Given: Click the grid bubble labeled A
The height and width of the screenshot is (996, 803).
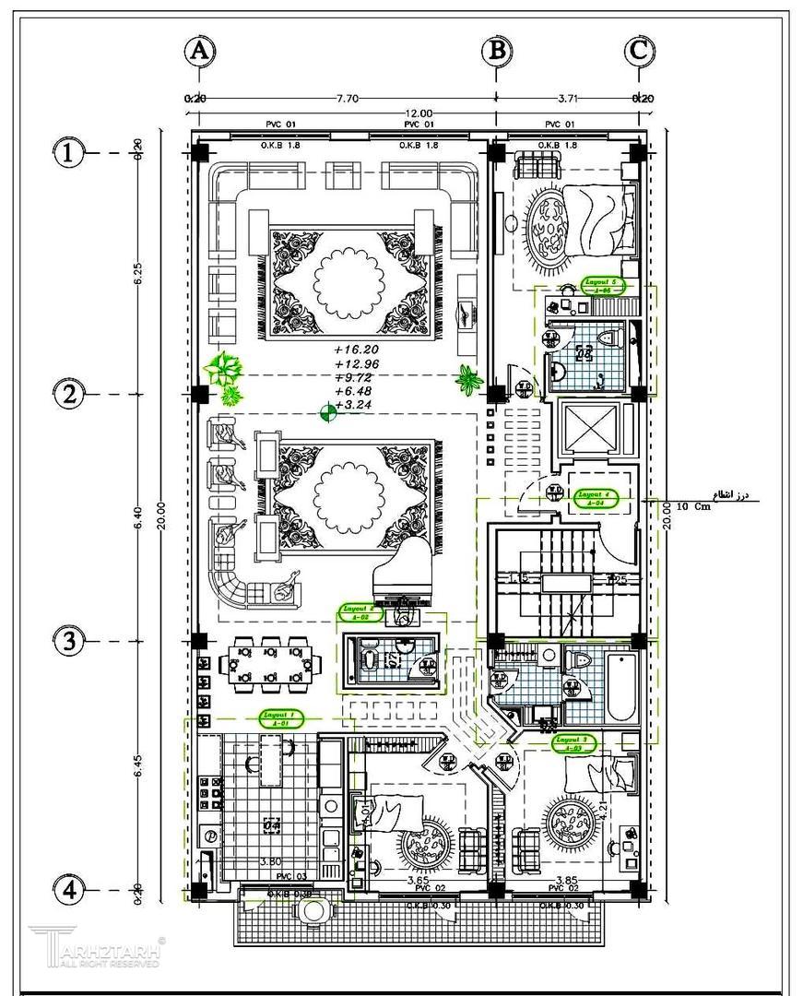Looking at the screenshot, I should coord(199,51).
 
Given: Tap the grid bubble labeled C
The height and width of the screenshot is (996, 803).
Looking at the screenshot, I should coord(638,51).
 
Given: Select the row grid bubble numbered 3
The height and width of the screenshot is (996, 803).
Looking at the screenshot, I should coord(67,641).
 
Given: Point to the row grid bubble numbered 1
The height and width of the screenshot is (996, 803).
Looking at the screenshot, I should coord(67,153).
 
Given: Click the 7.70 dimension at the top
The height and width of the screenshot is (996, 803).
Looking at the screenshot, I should coord(347,97).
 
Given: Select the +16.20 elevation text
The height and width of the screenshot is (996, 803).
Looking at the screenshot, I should coord(357,350).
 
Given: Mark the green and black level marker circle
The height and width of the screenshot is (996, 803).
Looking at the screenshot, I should coord(326,412).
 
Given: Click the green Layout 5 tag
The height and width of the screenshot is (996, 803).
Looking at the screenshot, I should coord(605,285).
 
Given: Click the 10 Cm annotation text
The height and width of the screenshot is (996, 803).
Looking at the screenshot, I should coord(693,507).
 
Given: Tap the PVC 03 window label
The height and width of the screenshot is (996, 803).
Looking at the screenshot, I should coord(290,876).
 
